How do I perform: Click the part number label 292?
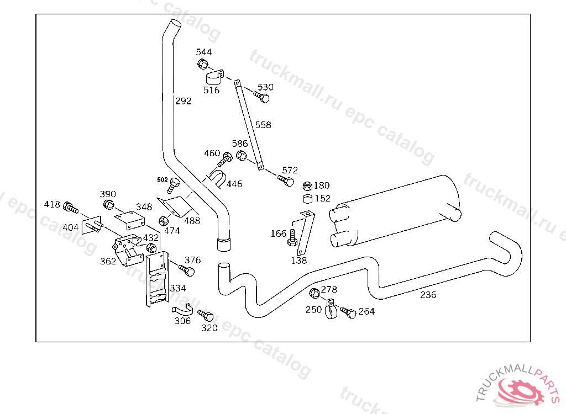[183, 101]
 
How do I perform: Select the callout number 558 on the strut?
[263, 125]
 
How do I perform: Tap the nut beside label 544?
[202, 64]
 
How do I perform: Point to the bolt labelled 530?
[262, 97]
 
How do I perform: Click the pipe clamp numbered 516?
[214, 78]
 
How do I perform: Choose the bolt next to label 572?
[286, 181]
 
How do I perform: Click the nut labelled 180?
[308, 185]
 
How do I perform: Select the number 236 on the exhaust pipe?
[428, 295]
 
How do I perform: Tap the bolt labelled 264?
[348, 312]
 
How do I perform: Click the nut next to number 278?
[314, 292]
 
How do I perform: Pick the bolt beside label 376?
[187, 270]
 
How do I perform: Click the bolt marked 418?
[70, 208]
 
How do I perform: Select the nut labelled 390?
[108, 205]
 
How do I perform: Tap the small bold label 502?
[162, 179]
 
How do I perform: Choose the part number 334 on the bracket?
[177, 288]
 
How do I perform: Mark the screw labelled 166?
[292, 238]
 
